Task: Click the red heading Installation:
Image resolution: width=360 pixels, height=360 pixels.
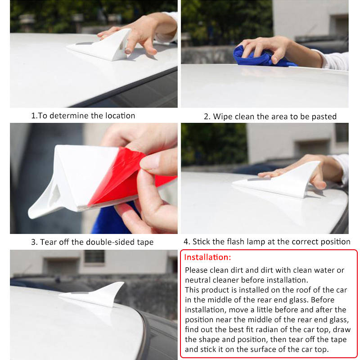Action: pyautogui.click(x=207, y=257)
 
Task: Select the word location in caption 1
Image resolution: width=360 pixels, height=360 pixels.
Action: pyautogui.click(x=120, y=116)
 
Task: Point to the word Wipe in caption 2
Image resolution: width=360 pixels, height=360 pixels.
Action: pyautogui.click(x=223, y=117)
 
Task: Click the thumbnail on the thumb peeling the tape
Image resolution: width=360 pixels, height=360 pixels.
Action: pyautogui.click(x=150, y=162)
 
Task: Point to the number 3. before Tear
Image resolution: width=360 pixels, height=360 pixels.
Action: pyautogui.click(x=34, y=242)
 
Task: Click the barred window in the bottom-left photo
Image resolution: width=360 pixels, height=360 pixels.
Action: pyautogui.click(x=94, y=256)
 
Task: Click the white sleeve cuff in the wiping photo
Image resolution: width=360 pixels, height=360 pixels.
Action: pyautogui.click(x=336, y=60)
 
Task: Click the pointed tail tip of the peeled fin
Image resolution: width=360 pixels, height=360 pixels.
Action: pyautogui.click(x=29, y=216)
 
